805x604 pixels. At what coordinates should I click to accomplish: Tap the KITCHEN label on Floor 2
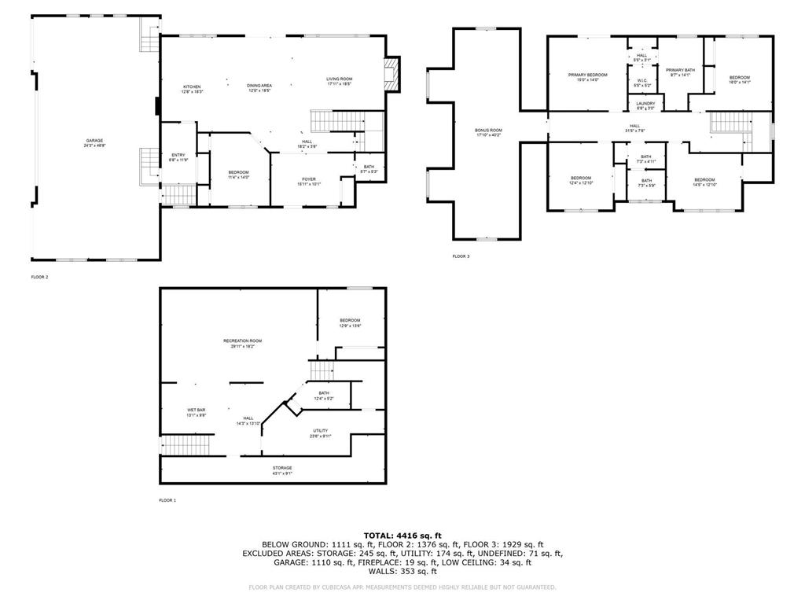click(192, 87)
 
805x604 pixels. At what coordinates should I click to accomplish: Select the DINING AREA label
click(259, 86)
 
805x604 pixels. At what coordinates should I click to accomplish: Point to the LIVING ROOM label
click(340, 79)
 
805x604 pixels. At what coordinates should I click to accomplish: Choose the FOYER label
click(309, 179)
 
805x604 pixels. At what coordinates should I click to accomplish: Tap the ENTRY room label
click(178, 155)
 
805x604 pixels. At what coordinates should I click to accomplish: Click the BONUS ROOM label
click(488, 131)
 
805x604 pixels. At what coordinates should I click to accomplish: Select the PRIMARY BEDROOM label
click(588, 75)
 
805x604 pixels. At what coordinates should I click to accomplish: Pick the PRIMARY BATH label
click(680, 71)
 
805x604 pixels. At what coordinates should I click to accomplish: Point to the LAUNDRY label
click(645, 104)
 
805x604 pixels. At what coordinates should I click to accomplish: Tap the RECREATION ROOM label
click(242, 341)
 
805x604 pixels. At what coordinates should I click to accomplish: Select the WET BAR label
click(196, 410)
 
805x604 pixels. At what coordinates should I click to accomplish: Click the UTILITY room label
click(320, 431)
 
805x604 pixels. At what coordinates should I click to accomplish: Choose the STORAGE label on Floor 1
click(282, 468)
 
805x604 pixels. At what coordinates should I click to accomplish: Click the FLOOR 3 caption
click(461, 256)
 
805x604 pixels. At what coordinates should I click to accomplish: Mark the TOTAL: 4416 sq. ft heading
click(402, 535)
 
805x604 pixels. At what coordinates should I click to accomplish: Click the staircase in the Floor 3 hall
click(729, 123)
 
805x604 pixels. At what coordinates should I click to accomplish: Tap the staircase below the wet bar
click(188, 447)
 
